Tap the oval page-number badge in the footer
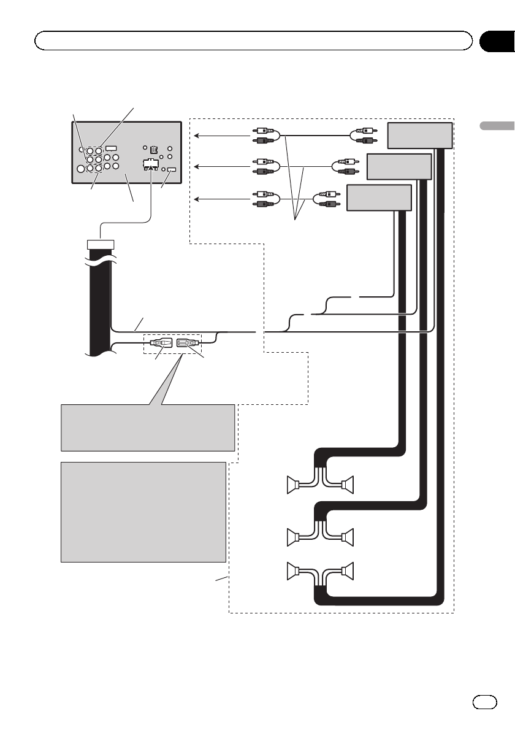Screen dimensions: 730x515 point(483,701)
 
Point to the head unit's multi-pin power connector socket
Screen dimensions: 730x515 point(149,164)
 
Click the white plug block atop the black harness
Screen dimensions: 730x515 point(101,245)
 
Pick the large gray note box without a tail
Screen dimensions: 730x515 point(143,512)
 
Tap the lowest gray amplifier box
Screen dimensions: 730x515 point(378,197)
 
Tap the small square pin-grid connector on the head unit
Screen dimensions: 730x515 point(153,149)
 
